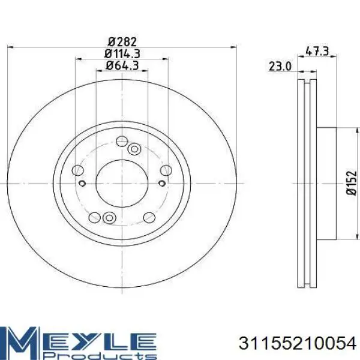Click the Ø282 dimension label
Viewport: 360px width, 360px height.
point(122,42)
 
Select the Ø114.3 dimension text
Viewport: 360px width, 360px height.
point(122,54)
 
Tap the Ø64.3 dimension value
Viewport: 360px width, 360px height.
point(122,66)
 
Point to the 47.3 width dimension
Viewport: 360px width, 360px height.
point(317,51)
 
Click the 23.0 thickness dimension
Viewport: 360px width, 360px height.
point(280,67)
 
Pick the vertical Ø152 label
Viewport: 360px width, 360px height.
point(352,183)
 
